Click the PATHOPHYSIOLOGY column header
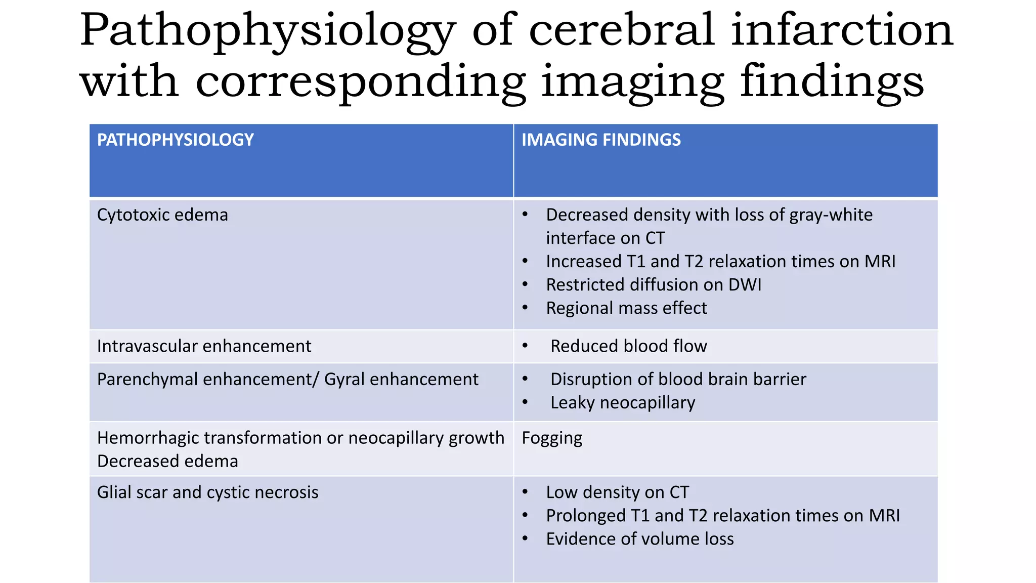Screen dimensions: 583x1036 [175, 140]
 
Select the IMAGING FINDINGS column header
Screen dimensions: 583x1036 [601, 140]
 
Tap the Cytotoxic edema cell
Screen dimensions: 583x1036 [162, 215]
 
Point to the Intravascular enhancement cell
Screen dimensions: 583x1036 [204, 346]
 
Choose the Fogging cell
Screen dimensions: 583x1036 [552, 438]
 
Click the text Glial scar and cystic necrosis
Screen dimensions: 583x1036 [207, 492]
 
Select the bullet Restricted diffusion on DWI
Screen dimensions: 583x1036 [653, 285]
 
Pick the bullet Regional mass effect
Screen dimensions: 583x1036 [626, 308]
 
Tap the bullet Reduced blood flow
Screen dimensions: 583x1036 [628, 346]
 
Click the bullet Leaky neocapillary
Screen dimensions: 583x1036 [622, 403]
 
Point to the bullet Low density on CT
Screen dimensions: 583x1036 [617, 492]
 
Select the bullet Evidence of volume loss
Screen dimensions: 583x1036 [639, 539]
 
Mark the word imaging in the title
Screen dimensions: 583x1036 [632, 82]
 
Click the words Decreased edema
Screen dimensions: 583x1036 [167, 462]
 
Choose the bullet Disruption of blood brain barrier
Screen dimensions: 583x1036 [678, 380]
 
